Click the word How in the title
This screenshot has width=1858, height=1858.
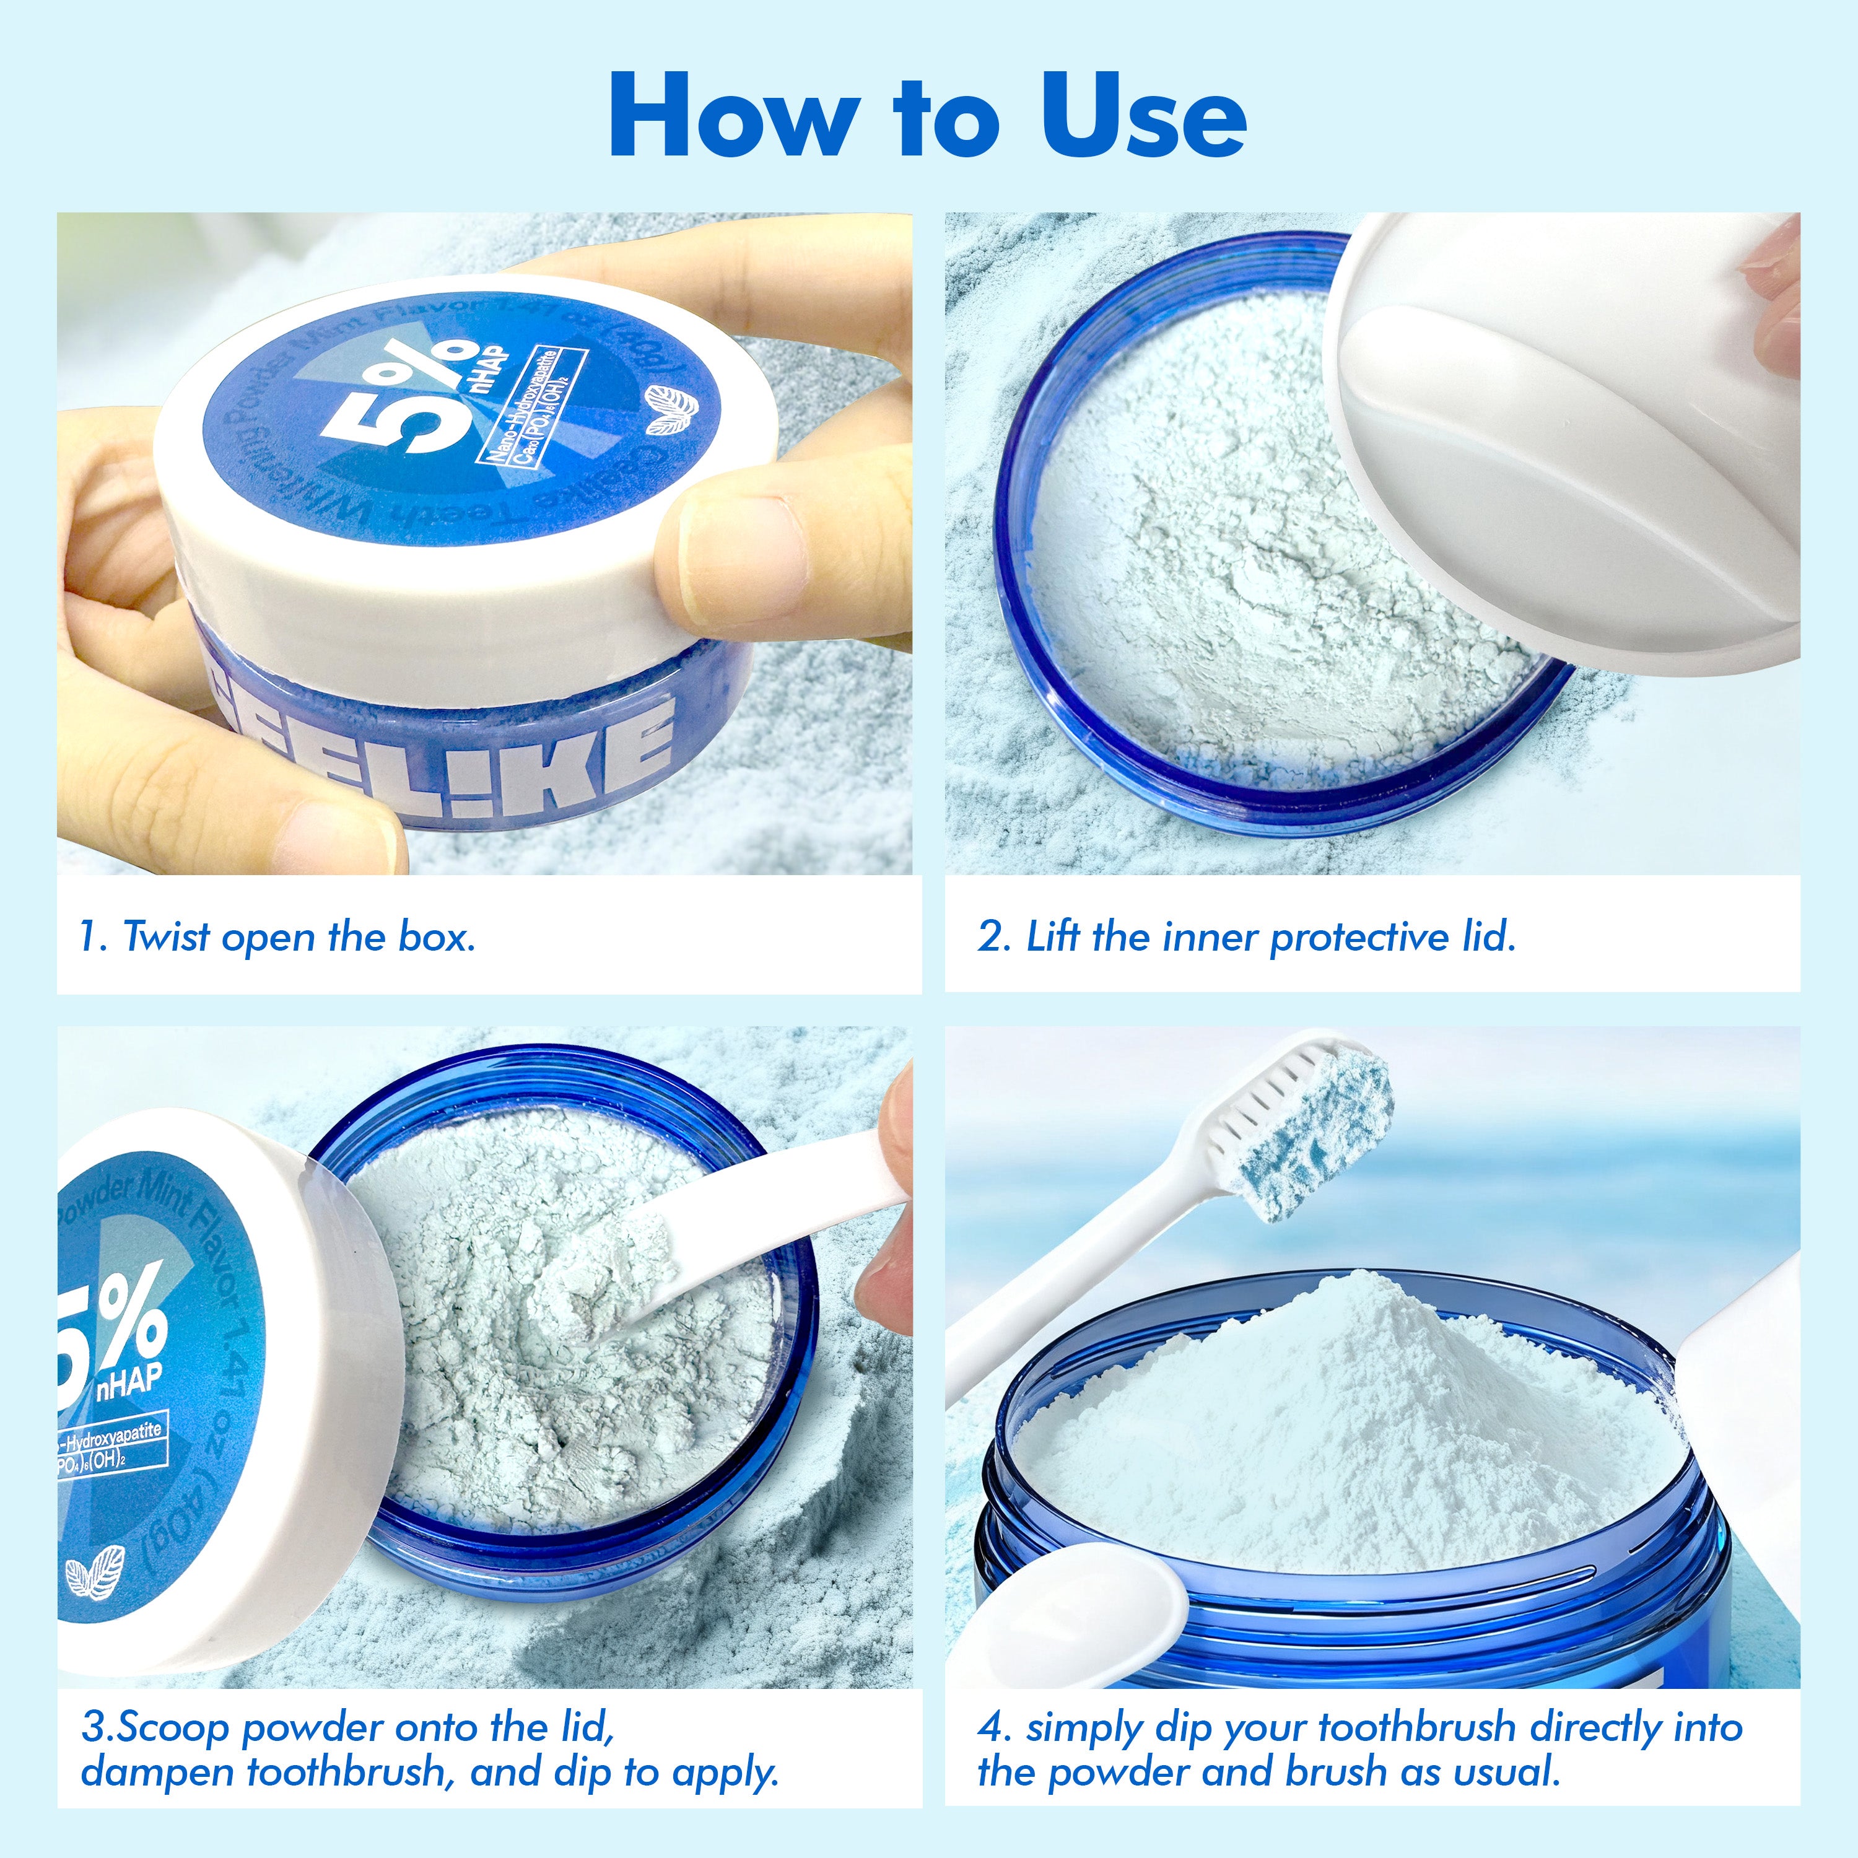click(731, 117)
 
